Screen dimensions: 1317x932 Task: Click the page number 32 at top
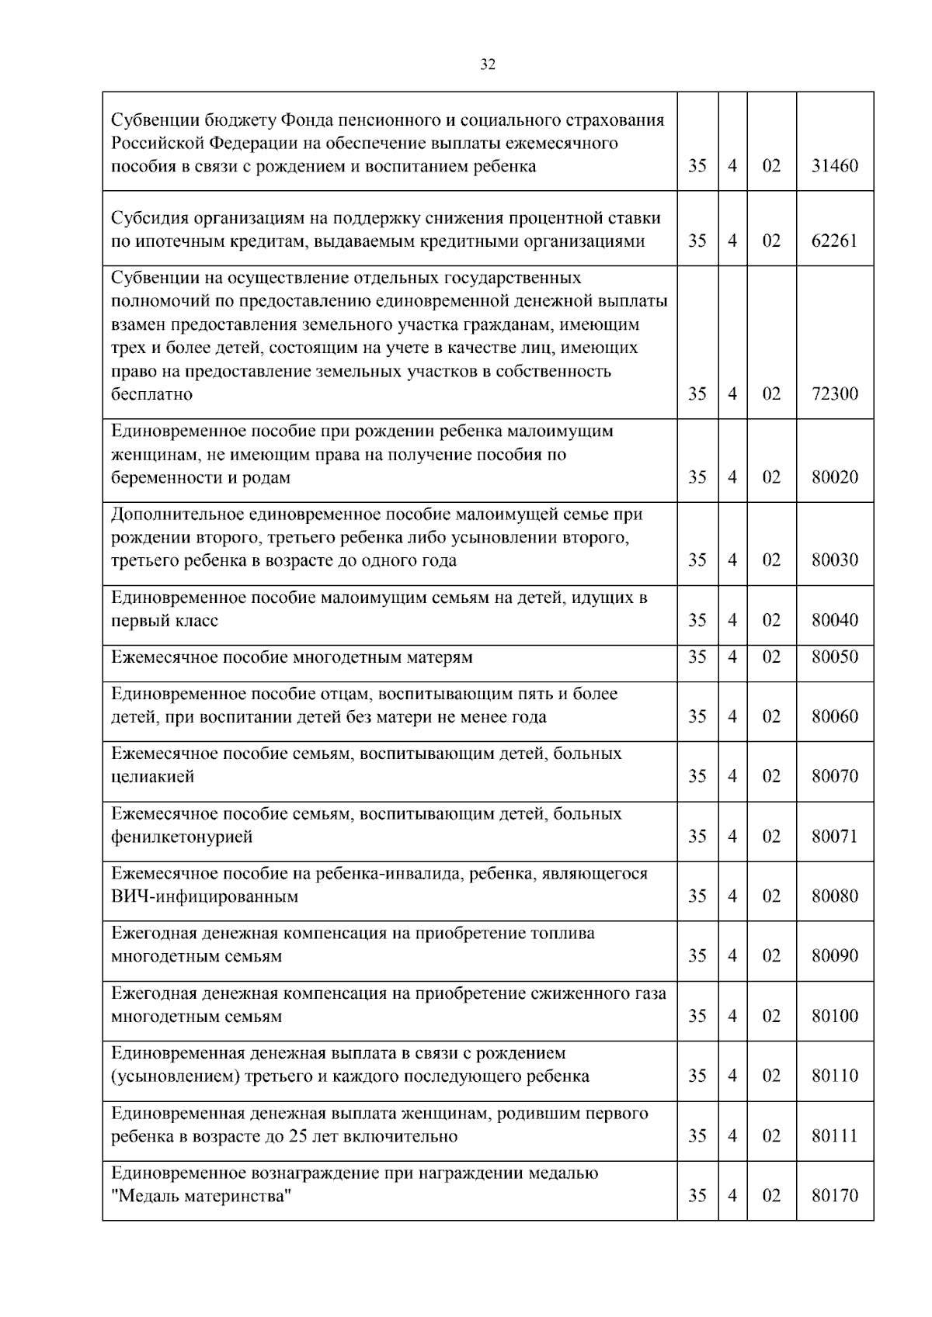point(488,64)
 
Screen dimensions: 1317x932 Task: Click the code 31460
point(835,166)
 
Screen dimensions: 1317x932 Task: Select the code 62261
point(835,241)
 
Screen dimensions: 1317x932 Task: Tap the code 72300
point(835,394)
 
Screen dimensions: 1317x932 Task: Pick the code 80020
point(835,477)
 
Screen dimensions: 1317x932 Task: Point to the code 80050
point(835,657)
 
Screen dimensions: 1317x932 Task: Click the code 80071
point(835,837)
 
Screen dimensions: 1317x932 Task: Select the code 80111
point(835,1136)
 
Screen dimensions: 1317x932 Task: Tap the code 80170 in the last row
point(835,1196)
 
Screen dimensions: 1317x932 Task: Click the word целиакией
point(153,777)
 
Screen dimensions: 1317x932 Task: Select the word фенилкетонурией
point(182,837)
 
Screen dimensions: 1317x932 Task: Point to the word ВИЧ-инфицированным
point(205,897)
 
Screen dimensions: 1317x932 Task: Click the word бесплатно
point(151,394)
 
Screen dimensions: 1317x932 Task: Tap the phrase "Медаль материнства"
point(201,1197)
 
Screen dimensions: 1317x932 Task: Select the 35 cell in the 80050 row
point(697,657)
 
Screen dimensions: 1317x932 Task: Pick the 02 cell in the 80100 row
point(770,1017)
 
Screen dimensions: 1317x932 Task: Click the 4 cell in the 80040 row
point(732,621)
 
